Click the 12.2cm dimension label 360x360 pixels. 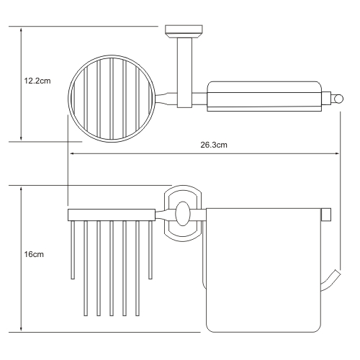(x=37, y=81)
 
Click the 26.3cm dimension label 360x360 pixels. (x=214, y=145)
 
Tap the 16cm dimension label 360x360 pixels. (x=34, y=254)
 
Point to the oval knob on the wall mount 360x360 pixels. (x=183, y=213)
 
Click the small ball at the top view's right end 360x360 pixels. (x=338, y=99)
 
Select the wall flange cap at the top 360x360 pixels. (x=184, y=32)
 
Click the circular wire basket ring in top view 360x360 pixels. (x=68, y=99)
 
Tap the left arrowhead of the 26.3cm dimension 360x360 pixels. (x=71, y=153)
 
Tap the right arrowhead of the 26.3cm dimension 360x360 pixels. (x=337, y=153)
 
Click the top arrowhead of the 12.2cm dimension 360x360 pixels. (x=21, y=30)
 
